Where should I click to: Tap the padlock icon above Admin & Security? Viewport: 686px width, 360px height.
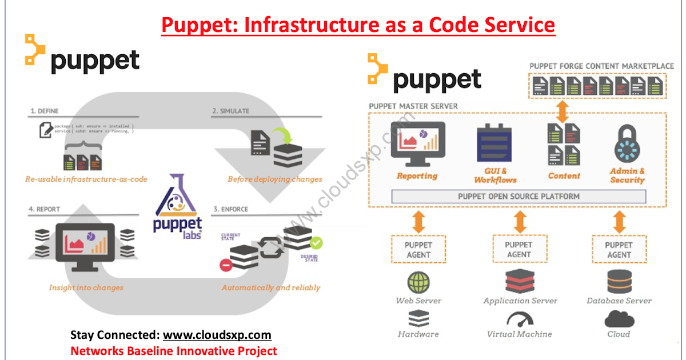(x=627, y=143)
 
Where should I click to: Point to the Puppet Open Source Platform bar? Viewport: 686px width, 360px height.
(x=519, y=197)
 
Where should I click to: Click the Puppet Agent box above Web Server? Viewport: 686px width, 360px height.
(x=418, y=250)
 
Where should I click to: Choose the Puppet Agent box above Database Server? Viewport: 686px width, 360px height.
(x=619, y=250)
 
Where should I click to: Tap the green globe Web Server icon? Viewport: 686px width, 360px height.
(x=418, y=282)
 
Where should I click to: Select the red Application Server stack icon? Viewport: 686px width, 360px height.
(x=519, y=281)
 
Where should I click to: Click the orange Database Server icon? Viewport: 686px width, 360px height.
(x=619, y=282)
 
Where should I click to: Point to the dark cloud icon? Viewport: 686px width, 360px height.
(x=619, y=318)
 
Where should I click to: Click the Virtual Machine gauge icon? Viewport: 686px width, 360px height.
(x=519, y=319)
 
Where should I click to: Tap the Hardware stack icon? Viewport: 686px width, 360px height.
(x=418, y=318)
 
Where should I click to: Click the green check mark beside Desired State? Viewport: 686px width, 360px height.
(x=316, y=243)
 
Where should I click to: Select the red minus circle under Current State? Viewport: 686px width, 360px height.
(x=226, y=265)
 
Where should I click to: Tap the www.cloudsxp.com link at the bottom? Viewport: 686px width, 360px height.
(x=217, y=335)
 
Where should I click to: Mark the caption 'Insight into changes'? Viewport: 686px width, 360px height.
(x=86, y=287)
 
